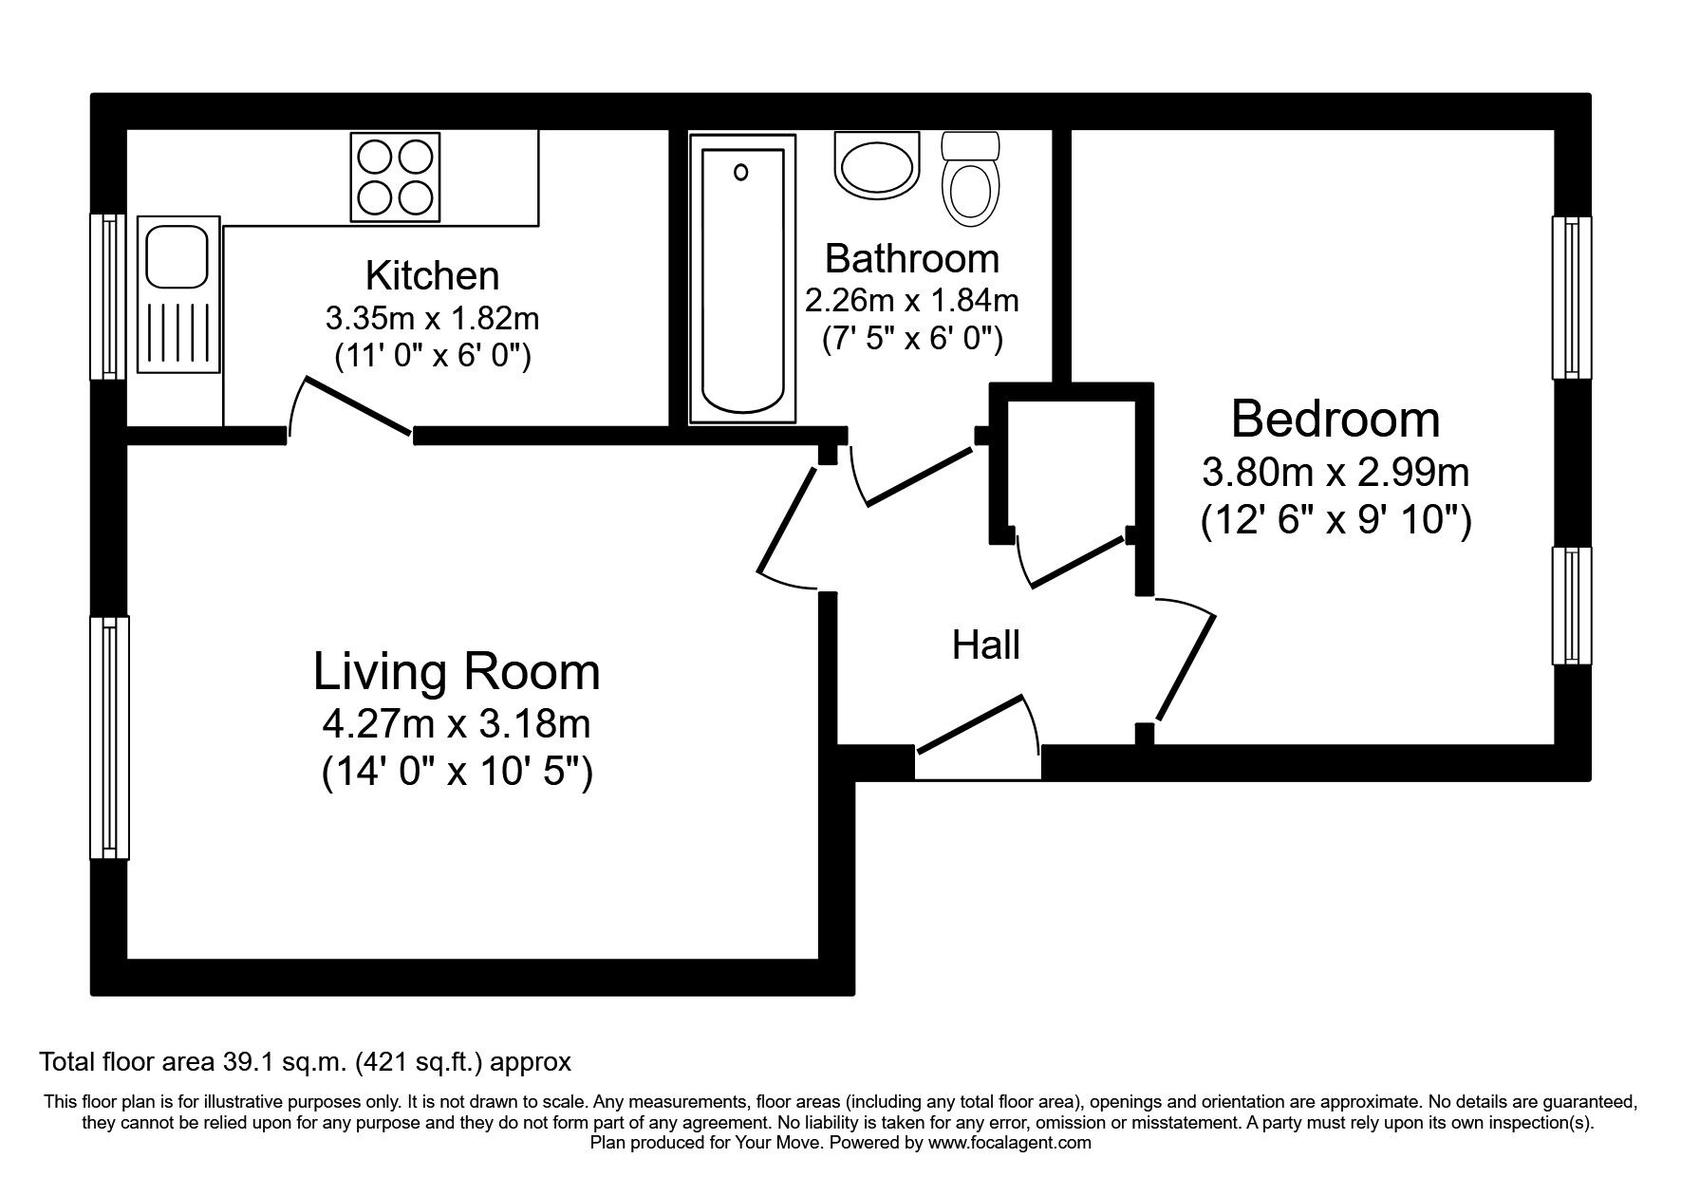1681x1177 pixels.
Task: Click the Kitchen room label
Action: click(x=432, y=275)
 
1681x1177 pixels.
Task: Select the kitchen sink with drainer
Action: click(x=178, y=295)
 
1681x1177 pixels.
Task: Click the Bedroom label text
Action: click(x=1335, y=419)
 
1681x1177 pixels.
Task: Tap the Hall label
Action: click(x=986, y=645)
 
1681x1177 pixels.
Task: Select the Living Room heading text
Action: click(x=457, y=672)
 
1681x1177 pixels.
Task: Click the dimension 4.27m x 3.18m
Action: click(x=457, y=725)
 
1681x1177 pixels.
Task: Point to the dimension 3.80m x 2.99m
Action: click(x=1335, y=472)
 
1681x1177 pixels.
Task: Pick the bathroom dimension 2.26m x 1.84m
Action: click(x=912, y=301)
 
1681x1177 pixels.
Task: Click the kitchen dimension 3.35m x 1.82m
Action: click(x=433, y=317)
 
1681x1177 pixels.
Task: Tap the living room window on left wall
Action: click(x=109, y=738)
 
